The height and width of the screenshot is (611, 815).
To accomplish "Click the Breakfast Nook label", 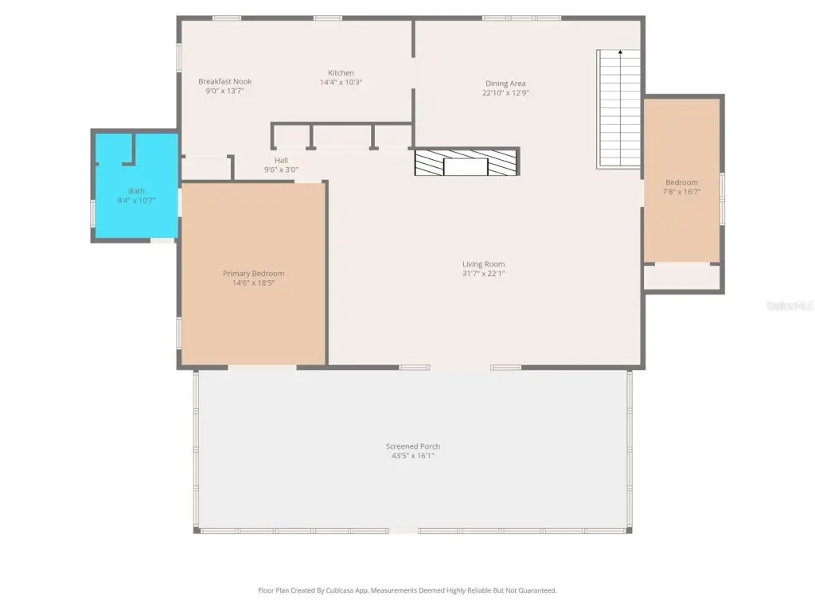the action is [225, 82].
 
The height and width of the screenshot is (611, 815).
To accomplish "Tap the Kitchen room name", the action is [341, 72].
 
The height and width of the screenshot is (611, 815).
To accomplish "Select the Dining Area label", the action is [505, 83].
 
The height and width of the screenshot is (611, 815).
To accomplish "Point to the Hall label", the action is [281, 160].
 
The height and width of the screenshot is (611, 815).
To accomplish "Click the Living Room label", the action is [483, 264].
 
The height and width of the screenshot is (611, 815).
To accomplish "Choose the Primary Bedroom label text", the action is [254, 274].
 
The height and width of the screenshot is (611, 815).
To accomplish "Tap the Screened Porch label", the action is [413, 446].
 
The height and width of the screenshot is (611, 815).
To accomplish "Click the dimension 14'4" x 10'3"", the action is [341, 82].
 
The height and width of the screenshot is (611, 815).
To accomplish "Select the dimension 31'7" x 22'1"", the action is [483, 274].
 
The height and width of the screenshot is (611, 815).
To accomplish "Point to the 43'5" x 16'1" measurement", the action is [413, 456].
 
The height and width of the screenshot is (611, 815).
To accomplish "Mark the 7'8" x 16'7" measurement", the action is [682, 192].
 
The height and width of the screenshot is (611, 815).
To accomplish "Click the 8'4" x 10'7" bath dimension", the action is [137, 200].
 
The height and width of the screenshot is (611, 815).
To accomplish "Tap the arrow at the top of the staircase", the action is [620, 52].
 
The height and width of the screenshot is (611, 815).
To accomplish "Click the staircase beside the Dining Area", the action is [618, 109].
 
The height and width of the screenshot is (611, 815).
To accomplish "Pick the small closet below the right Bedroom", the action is [682, 277].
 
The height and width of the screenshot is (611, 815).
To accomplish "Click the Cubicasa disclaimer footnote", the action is [407, 590].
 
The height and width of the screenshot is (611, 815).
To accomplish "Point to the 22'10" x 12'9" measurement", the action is [505, 93].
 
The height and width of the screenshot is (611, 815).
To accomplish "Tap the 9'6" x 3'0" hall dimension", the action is [281, 169].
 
